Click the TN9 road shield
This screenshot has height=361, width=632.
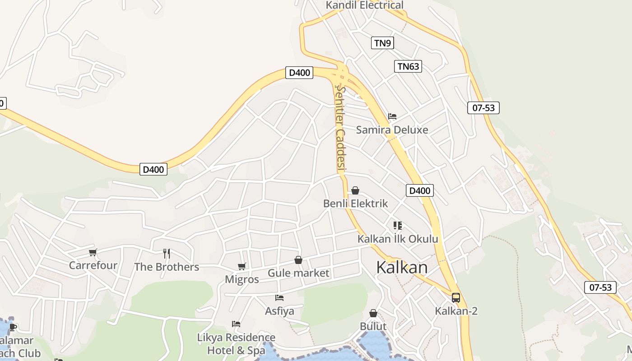point(382,43)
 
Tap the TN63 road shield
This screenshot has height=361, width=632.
point(408,66)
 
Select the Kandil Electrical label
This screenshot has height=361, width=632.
point(365,5)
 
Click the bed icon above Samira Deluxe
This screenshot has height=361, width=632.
point(392,116)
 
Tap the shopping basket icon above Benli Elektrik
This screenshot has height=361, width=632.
point(355,190)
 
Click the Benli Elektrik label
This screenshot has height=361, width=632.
point(355,204)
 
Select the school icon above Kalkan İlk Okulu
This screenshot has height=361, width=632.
point(397,225)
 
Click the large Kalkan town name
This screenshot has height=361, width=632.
point(402,267)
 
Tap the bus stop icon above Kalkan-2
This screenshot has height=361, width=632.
point(456,298)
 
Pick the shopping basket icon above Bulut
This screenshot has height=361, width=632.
point(373,313)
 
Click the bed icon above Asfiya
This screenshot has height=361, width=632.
point(279,298)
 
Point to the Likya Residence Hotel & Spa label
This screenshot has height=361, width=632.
point(236,344)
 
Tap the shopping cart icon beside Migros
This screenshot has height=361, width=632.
point(242,266)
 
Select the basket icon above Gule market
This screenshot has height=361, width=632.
point(298,260)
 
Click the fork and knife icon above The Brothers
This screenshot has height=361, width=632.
point(167,253)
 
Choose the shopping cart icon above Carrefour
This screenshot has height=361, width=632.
point(93,252)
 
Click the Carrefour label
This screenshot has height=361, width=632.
point(93,265)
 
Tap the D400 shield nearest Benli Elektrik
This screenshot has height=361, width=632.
point(419,190)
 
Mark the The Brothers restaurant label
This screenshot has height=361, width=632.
point(167,267)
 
